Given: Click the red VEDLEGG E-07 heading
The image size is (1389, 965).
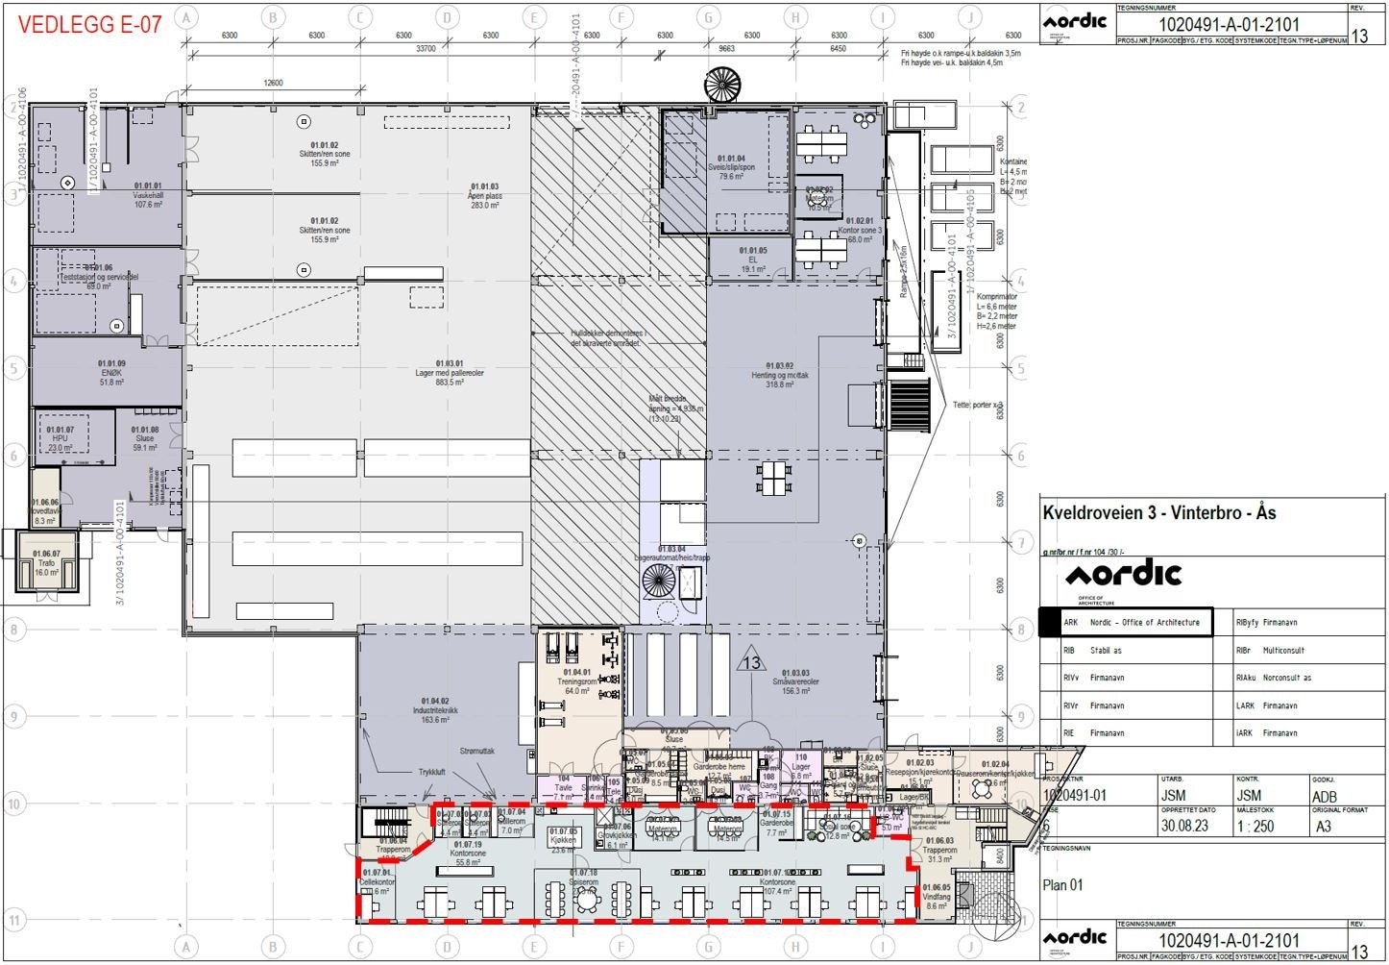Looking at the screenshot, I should point(89,24).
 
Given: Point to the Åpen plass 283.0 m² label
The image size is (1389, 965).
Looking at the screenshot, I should point(484,196).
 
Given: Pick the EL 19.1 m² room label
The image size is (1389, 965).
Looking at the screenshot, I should point(753,260).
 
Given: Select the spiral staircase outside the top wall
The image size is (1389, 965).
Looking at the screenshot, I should point(722,86).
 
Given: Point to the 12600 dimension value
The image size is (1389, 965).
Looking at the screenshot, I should point(273,84).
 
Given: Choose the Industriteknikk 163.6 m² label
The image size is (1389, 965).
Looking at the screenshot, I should point(435,710).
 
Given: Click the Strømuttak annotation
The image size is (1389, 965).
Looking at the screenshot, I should point(476,751).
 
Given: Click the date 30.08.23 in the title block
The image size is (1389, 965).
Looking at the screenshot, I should point(1183,826).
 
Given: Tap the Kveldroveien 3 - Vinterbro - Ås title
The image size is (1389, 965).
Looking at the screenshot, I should point(1159,512).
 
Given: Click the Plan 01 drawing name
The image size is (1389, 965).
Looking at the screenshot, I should point(1062,885).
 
